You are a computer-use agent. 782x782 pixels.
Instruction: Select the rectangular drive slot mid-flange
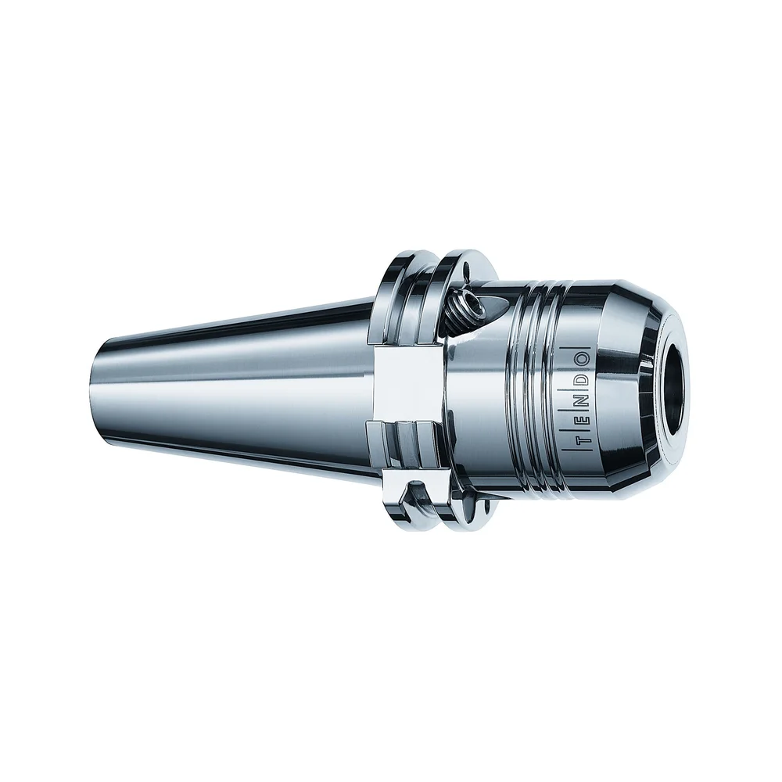point(407,387)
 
